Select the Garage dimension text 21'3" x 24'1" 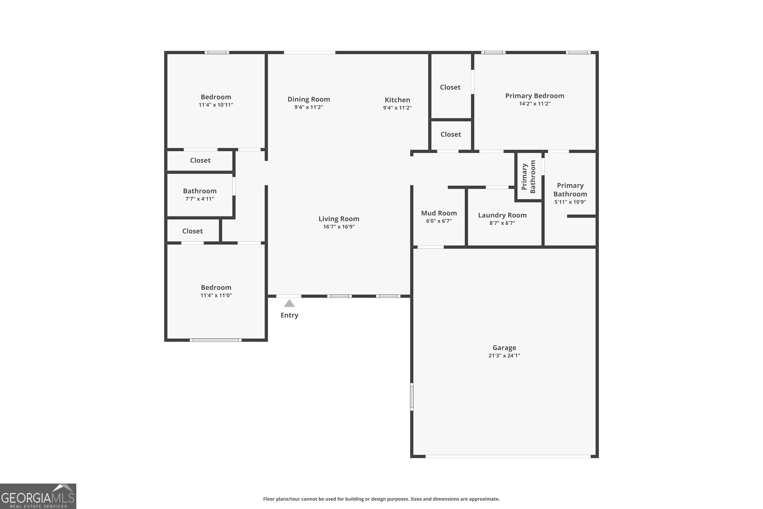(x=504, y=356)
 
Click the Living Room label (x=339, y=219)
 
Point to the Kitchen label (x=397, y=100)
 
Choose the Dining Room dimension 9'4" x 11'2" (x=309, y=107)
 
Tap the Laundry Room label (x=502, y=215)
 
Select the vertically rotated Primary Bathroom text (x=529, y=177)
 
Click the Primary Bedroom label (x=534, y=96)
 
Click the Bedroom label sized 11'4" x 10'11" (x=216, y=97)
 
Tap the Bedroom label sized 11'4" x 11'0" (x=216, y=288)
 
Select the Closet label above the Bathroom (x=200, y=160)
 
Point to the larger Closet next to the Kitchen (x=450, y=87)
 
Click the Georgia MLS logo (x=38, y=496)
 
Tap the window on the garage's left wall (x=412, y=397)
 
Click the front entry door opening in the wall (x=288, y=296)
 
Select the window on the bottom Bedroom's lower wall (x=215, y=340)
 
